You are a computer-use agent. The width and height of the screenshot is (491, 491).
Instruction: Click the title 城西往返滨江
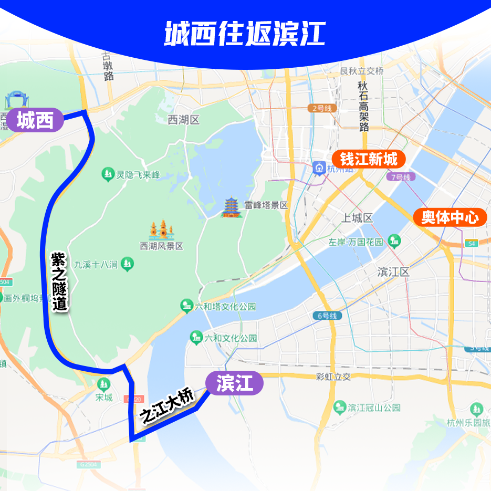(245, 34)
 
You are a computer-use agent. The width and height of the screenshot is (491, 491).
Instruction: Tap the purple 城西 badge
(35, 121)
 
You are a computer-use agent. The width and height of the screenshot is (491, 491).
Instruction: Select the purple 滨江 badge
(234, 383)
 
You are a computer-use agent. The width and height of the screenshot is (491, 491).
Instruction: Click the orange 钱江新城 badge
(369, 159)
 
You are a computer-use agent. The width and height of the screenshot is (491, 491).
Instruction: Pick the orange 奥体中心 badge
(450, 217)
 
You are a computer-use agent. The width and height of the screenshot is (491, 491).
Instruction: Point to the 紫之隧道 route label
(59, 281)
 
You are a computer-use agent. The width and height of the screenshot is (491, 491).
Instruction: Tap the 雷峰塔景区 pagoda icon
(231, 207)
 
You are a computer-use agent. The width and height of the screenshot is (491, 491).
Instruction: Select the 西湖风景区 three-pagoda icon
(161, 230)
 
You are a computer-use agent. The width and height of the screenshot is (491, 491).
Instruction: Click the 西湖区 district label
(184, 120)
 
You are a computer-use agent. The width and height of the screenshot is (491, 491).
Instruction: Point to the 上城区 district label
(357, 218)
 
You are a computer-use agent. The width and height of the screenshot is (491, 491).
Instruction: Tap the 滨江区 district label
(393, 271)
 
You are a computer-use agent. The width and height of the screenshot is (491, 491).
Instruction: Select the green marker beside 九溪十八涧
(127, 263)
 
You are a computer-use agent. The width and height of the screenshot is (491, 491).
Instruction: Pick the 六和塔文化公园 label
(225, 306)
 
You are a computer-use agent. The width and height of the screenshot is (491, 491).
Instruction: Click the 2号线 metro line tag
(321, 108)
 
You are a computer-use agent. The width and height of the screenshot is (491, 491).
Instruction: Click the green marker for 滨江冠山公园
(340, 408)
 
